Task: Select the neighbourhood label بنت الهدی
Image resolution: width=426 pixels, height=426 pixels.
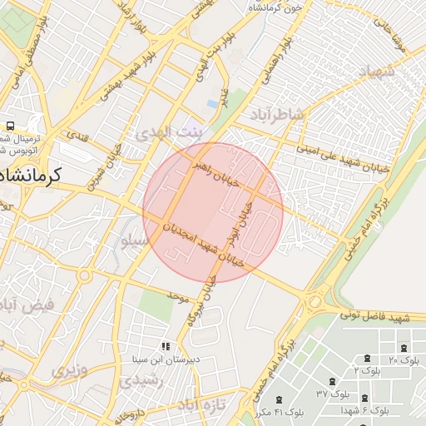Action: pyautogui.click(x=170, y=133)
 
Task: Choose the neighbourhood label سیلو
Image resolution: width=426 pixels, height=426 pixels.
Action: pyautogui.click(x=135, y=241)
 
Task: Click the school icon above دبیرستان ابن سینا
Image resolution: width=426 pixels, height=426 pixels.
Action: pyautogui.click(x=166, y=346)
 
